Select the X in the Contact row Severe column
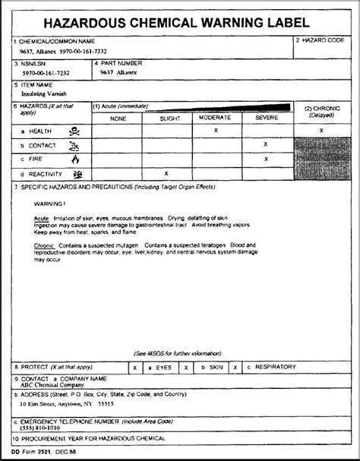click(265, 144)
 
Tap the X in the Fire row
click(265, 159)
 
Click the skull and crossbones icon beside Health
click(74, 131)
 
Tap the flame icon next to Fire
click(74, 159)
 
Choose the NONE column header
click(118, 118)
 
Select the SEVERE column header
click(265, 118)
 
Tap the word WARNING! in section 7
click(49, 203)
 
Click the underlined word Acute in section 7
click(42, 217)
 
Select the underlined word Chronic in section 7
click(45, 246)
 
